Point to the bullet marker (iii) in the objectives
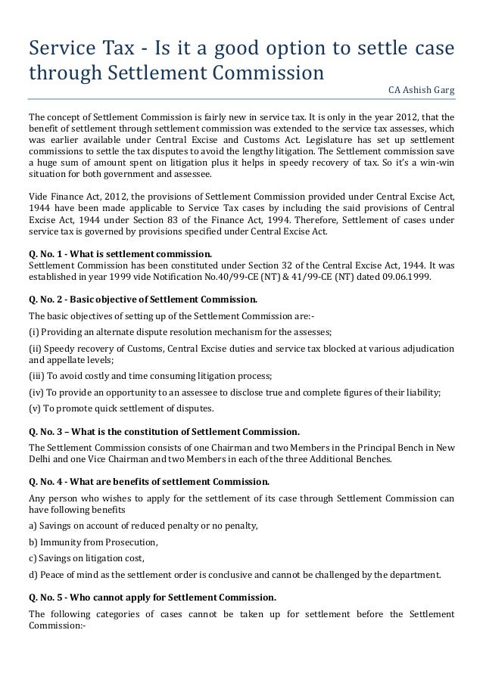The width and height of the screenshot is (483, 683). (x=36, y=376)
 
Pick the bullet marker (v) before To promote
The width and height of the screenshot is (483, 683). (x=35, y=409)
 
